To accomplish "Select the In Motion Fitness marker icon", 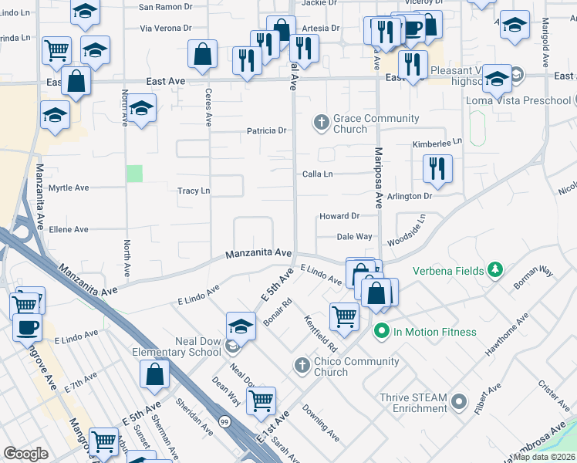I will [380, 332].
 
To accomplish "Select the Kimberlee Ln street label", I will [437, 143].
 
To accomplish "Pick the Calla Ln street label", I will [317, 174].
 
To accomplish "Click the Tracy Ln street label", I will [194, 191].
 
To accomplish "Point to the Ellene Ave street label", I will [69, 229].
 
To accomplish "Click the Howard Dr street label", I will [339, 217].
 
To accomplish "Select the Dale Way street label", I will [355, 237].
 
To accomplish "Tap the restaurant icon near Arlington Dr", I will [437, 168].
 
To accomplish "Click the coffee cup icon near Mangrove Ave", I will [28, 326].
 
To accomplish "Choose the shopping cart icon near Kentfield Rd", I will [344, 315].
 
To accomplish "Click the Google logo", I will [25, 455].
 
